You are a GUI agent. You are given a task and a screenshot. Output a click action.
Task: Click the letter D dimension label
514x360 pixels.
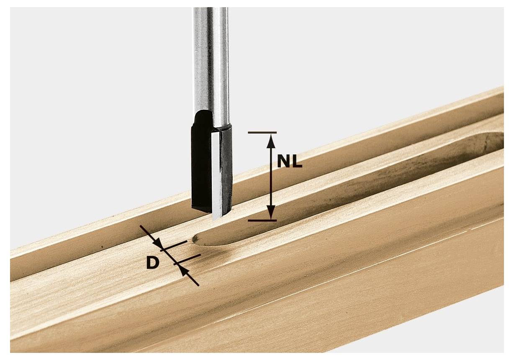[153, 263]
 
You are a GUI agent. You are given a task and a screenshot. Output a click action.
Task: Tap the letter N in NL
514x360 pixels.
[285, 160]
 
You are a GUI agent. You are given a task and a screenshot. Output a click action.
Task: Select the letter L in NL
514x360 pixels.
[297, 160]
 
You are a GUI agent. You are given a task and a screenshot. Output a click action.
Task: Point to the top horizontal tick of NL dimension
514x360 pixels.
[262, 132]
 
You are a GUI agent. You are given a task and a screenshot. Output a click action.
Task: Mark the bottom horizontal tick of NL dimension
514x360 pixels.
[262, 220]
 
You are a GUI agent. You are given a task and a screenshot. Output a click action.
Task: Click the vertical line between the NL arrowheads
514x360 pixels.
[271, 176]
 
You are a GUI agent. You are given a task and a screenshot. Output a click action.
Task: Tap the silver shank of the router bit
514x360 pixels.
[210, 63]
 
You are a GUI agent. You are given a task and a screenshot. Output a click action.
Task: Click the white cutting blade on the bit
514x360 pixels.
[216, 176]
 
